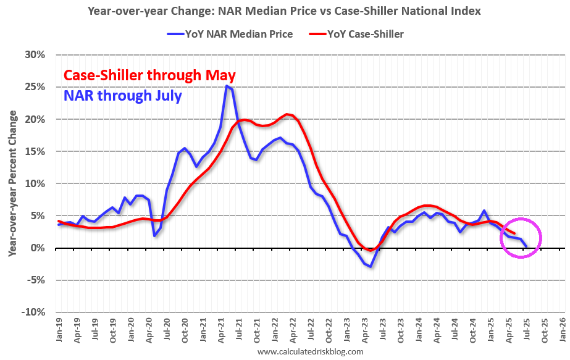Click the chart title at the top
284,10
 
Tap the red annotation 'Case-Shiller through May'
149,75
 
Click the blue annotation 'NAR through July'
122,96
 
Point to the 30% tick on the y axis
36,55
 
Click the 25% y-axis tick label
36,87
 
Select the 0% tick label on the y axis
38,248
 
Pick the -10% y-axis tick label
34,312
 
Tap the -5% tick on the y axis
36,280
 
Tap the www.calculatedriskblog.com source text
310,351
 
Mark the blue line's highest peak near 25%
227,86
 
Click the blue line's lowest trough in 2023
371,266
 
